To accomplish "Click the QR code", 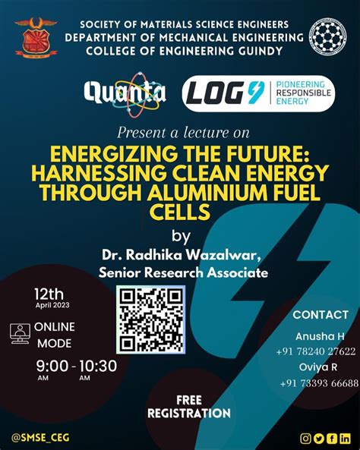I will click(x=150, y=319).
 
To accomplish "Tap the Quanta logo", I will click(x=125, y=93).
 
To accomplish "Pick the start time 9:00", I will click(x=52, y=366).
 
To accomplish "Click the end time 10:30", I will click(x=97, y=366).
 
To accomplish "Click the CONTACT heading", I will click(x=321, y=314).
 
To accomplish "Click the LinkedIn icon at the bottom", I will click(x=346, y=438).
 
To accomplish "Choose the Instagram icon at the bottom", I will click(x=306, y=438).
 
